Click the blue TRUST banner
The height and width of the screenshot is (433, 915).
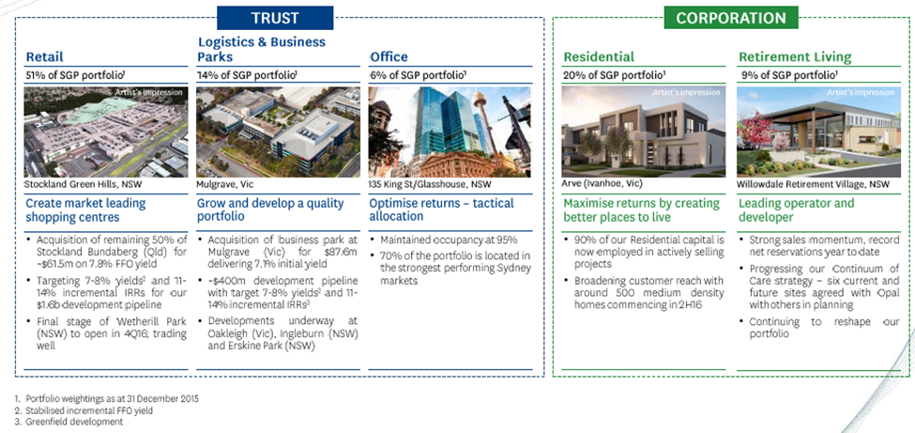[x=275, y=18]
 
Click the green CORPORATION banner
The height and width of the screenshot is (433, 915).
[x=730, y=18]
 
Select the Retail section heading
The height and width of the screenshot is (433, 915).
[x=45, y=57]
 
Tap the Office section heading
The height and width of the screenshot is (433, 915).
[x=389, y=57]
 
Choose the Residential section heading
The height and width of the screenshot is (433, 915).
[x=599, y=57]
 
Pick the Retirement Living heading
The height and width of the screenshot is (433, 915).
[x=795, y=57]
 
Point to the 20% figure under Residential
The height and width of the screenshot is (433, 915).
[x=572, y=75]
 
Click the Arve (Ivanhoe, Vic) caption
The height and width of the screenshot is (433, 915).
[x=602, y=183]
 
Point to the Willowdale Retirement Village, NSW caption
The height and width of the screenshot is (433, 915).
[x=813, y=184]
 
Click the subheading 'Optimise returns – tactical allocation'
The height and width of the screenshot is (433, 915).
[x=441, y=209]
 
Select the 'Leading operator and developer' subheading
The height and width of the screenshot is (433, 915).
[x=796, y=210]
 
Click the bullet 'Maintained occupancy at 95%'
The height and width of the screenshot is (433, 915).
[x=449, y=240]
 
